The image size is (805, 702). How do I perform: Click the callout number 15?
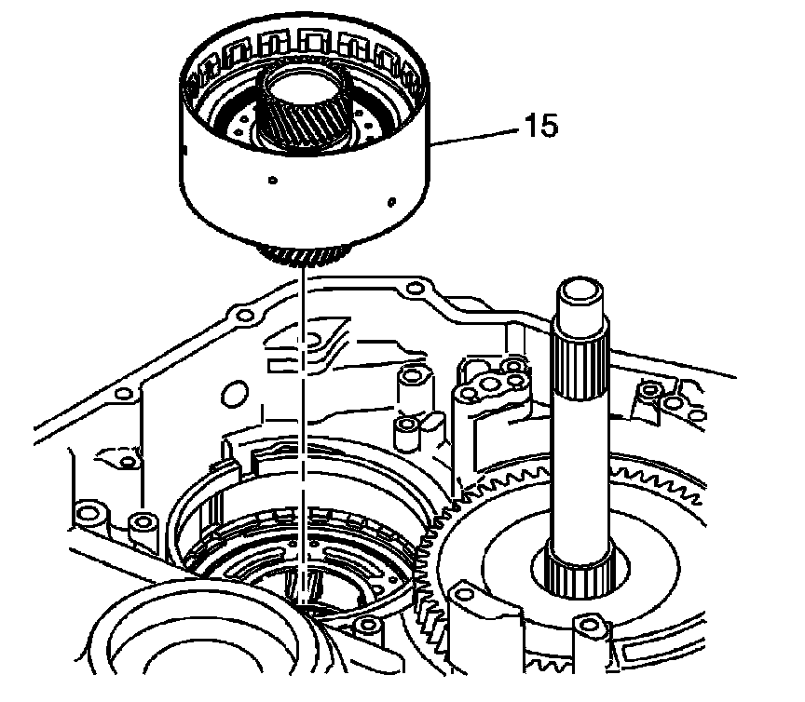click(x=540, y=126)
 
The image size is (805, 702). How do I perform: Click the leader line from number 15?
click(x=476, y=137)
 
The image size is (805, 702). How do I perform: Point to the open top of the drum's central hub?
click(x=305, y=88)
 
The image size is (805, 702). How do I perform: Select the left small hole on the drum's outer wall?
click(x=273, y=180)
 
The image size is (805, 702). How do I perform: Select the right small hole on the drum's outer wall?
click(x=391, y=202)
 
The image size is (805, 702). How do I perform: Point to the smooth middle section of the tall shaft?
click(x=580, y=472)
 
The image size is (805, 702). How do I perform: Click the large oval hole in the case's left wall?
click(x=235, y=394)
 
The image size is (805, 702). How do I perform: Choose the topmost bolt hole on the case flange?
click(x=415, y=288)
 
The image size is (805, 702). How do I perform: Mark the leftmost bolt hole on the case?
click(x=88, y=513)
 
